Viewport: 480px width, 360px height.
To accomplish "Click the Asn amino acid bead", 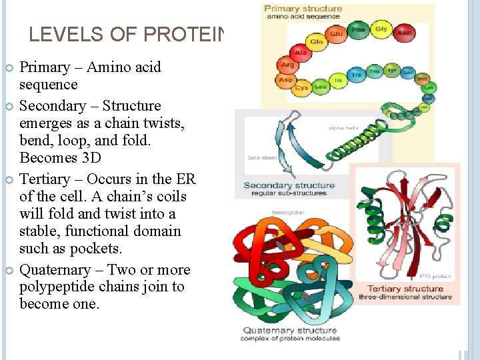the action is click(x=404, y=33).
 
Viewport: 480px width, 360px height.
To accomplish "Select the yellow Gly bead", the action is click(x=381, y=29).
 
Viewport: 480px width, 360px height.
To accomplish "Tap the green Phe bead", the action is click(x=358, y=30).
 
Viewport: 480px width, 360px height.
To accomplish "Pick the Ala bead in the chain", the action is click(x=301, y=52).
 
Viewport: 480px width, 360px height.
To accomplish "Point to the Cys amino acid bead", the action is click(x=302, y=87).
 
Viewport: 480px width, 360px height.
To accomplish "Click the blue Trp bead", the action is click(x=357, y=74).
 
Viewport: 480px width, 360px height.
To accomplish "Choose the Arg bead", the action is click(x=287, y=65).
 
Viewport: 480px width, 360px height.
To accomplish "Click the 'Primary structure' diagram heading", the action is click(x=303, y=9).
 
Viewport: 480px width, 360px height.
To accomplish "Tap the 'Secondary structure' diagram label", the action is click(x=289, y=185).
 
